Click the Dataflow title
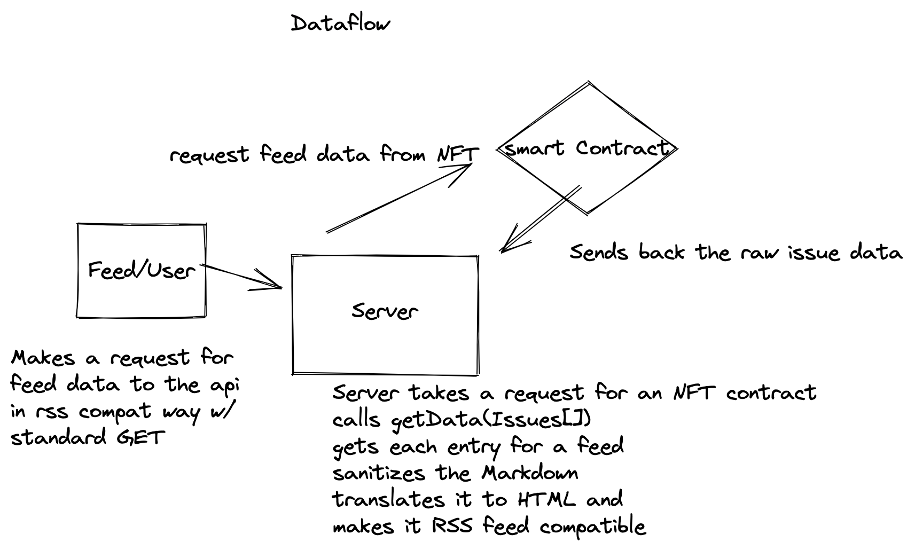pos(340,24)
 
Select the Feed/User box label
pos(142,271)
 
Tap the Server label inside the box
pos(385,311)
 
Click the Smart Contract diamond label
pos(586,148)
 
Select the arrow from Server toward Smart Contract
pos(398,198)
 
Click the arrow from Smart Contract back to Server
pos(539,219)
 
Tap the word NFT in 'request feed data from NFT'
pos(458,155)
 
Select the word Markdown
pos(529,473)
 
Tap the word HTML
pos(546,500)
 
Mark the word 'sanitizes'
pos(379,473)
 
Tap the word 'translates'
pos(388,500)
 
